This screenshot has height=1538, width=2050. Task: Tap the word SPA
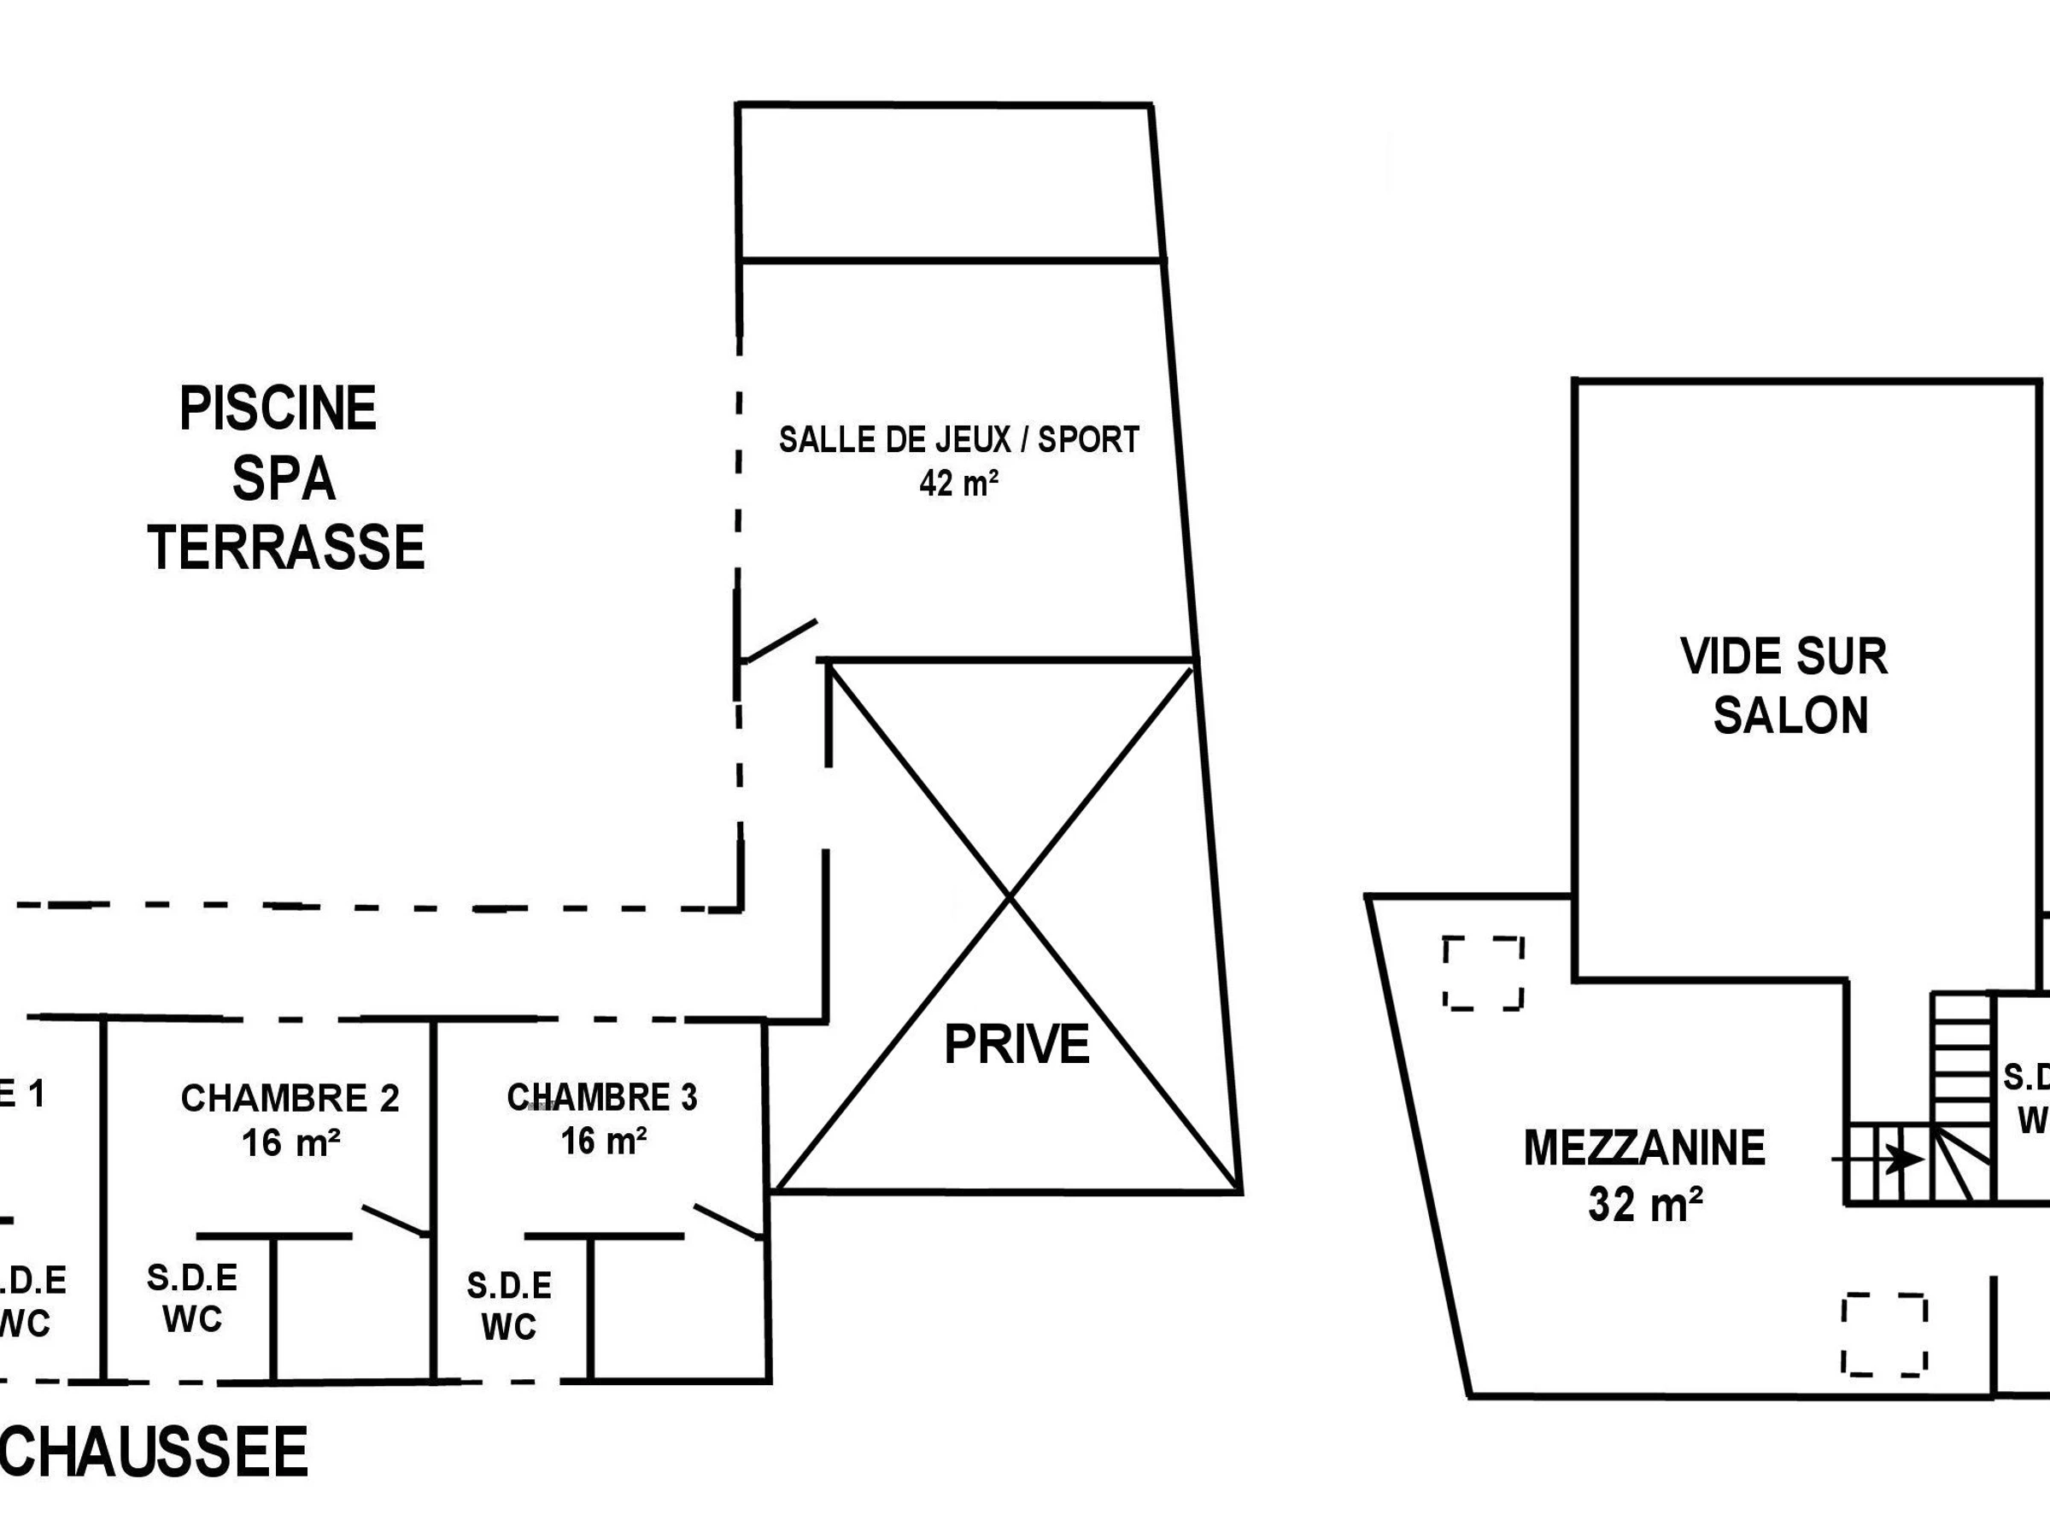(x=284, y=479)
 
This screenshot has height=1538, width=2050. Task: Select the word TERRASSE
(x=286, y=548)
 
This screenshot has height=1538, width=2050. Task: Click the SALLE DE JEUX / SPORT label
(x=958, y=439)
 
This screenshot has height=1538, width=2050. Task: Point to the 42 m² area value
(x=958, y=483)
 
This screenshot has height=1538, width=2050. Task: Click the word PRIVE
(x=1016, y=1045)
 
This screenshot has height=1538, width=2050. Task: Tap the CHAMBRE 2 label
(x=290, y=1098)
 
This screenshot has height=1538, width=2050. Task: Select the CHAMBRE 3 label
(x=601, y=1097)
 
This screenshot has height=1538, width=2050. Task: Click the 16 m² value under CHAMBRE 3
(x=603, y=1142)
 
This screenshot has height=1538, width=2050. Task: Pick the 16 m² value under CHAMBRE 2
(x=290, y=1143)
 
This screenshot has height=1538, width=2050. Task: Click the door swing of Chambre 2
(x=395, y=1221)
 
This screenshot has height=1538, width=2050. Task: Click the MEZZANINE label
(x=1644, y=1148)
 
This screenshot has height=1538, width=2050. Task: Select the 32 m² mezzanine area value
(x=1645, y=1204)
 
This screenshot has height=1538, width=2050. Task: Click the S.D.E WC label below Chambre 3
(x=509, y=1307)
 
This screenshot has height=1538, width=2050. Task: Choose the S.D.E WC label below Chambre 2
(x=192, y=1299)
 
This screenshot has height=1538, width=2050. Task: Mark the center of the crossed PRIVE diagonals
(x=1010, y=896)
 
